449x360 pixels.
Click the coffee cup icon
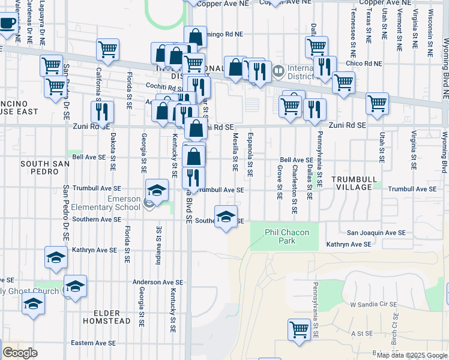7,24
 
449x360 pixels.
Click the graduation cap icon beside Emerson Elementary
157,191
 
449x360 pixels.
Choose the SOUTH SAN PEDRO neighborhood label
40,167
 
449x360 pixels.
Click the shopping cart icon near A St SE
299,329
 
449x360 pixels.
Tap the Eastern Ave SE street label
93,343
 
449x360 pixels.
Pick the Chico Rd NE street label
364,63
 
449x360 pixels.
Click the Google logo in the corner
20,353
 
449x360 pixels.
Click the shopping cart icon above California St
107,50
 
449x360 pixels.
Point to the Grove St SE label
280,183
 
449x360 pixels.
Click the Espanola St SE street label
250,154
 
